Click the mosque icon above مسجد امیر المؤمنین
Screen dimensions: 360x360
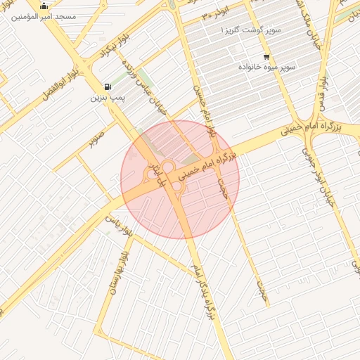pyautogui.click(x=44, y=6)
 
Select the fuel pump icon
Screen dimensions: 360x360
pyautogui.click(x=106, y=84)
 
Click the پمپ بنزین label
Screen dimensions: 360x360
pyautogui.click(x=107, y=97)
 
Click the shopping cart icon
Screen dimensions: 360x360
pyautogui.click(x=266, y=56)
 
